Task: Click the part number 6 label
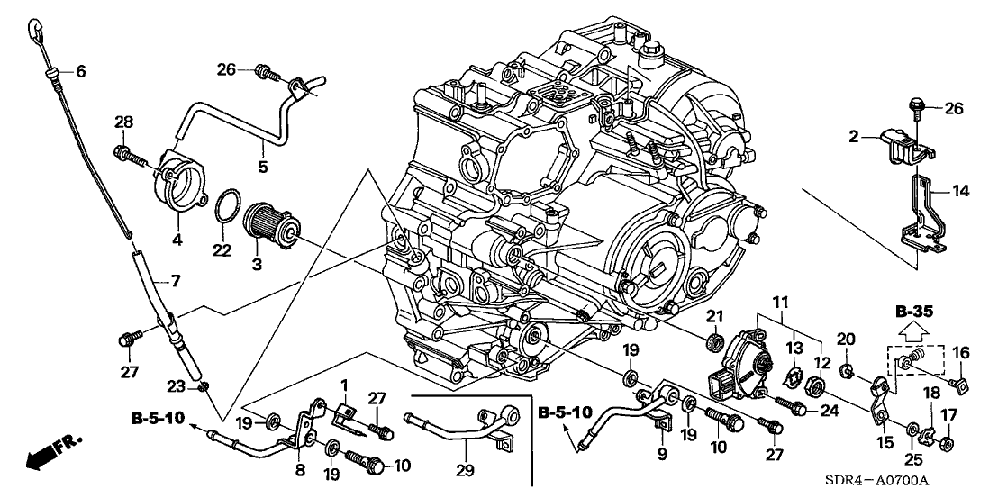point(80,72)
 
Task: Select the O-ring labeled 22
point(229,206)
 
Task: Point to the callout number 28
point(123,122)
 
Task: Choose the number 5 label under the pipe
point(263,167)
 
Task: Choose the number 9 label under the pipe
point(662,455)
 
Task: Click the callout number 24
point(827,410)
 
